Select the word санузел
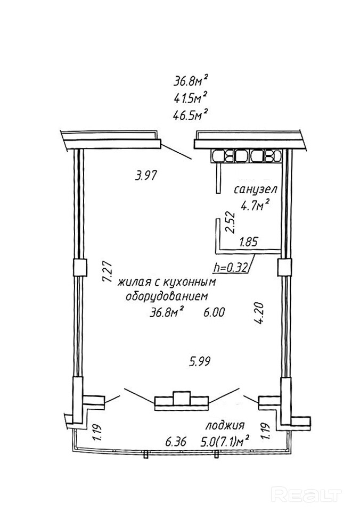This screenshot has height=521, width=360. coord(256,190)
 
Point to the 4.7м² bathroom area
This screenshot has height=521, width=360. coord(255,206)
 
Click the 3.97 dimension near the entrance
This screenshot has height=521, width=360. coord(145,175)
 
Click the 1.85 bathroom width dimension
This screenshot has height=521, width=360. coord(249,242)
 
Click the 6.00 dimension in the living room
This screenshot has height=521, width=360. coord(215,312)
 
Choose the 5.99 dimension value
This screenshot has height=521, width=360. coord(200,361)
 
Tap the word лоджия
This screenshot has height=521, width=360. coord(225,425)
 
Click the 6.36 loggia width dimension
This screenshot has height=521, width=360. coord(176,442)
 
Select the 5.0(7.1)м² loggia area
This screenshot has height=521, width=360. coord(225,441)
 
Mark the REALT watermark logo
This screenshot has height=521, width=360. coord(307,494)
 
